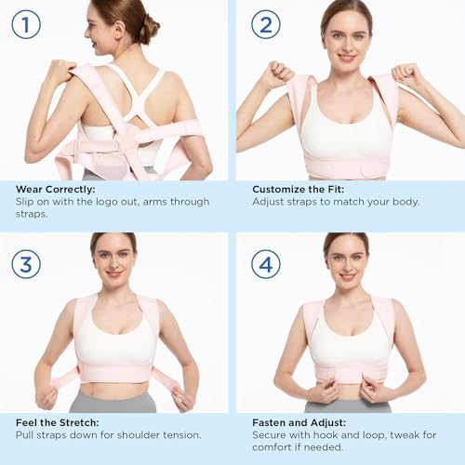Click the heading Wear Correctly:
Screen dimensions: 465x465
point(53,189)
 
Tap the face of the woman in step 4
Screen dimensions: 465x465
point(346,263)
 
